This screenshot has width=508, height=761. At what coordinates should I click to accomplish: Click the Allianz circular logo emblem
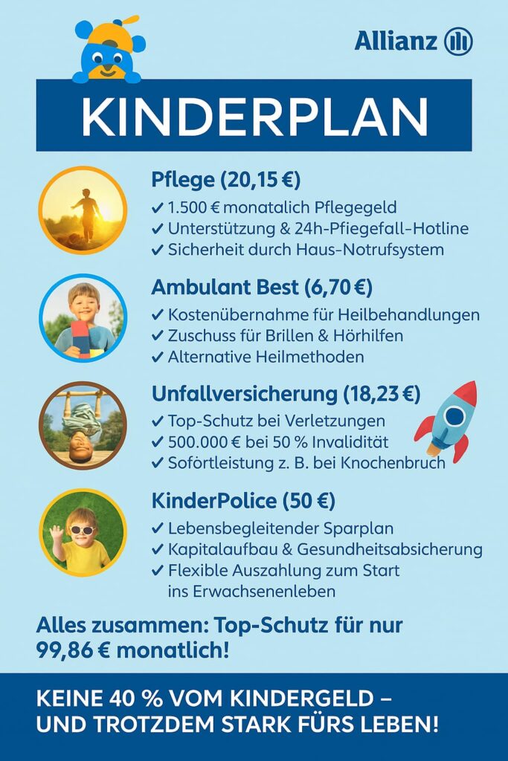pos(458,41)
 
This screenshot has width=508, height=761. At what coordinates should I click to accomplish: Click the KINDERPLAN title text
pos(254,116)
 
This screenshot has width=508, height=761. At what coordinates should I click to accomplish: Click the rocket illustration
pos(447,421)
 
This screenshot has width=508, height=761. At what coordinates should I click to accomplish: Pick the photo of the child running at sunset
pos(83,210)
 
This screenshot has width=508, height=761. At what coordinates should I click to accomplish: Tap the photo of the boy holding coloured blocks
pos(83,318)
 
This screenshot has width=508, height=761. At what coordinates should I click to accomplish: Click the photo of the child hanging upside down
pos(83,426)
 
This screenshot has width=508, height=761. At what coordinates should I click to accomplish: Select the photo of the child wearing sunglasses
pos(83,533)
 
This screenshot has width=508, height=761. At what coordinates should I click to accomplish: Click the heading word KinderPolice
pos(213,501)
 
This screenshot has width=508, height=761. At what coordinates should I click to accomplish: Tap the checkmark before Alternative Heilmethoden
pos(157,357)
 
